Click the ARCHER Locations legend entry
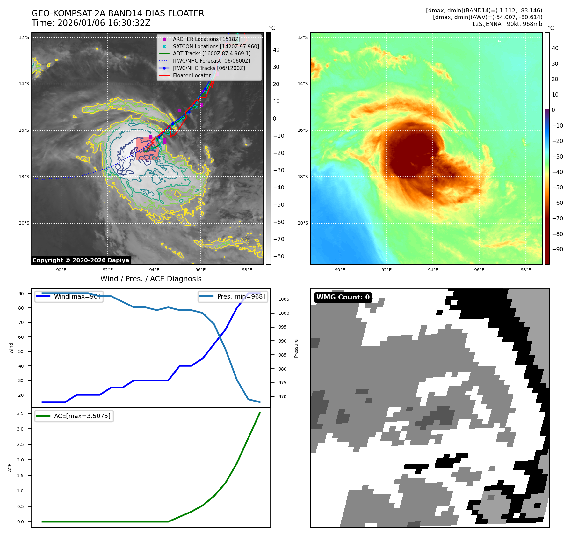pos(206,39)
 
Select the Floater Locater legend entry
pos(192,76)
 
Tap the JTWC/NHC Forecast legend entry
pos(211,61)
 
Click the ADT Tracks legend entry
pos(212,54)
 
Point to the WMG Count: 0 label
pos(343,297)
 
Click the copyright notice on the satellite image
pos(81,260)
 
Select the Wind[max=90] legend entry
pos(76,296)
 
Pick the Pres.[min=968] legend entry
pos(241,296)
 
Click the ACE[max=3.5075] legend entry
pos(82,416)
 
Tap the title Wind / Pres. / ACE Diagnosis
pos(151,279)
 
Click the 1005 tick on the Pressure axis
pos(284,299)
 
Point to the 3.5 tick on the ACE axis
pos(20,413)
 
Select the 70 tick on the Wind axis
pos(21,322)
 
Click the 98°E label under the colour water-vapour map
pos(525,270)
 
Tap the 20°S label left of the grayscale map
pos(24,223)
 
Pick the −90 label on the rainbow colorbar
pos(557,249)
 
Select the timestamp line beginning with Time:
pos(91,23)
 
